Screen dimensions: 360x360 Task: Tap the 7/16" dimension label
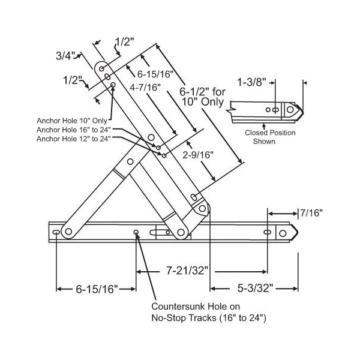[x=311, y=212]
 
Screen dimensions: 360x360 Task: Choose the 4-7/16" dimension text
[x=148, y=89]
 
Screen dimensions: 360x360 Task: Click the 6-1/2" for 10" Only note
[x=203, y=97]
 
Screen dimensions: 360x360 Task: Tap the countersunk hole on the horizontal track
[x=137, y=233]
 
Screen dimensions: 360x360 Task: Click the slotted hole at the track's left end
[x=56, y=232]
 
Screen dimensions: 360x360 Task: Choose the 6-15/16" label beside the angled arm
[x=155, y=74]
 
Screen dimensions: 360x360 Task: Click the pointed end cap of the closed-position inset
[x=297, y=111]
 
